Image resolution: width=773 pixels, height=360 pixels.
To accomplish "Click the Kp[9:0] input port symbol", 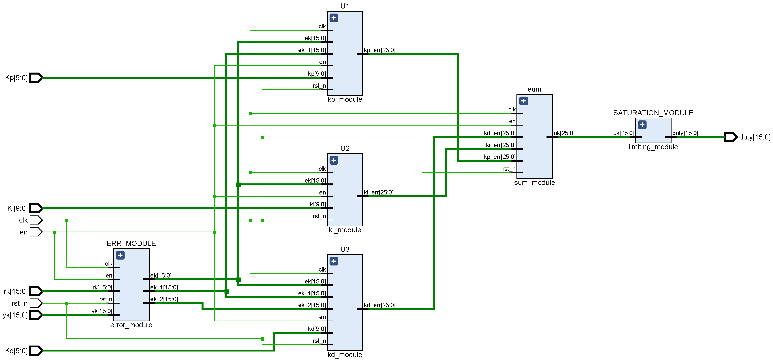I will tap(36, 78).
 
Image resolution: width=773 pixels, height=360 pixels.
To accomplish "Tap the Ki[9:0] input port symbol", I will tap(36, 208).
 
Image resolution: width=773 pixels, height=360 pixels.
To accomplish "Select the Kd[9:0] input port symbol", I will tap(36, 350).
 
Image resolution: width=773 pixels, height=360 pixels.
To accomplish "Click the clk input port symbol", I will tap(36, 220).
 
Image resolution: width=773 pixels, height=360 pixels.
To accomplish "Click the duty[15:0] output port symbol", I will tap(730, 137).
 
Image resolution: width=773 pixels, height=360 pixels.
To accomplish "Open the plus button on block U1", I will tap(334, 18).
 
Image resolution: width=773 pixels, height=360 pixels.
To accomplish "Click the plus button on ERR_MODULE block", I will tap(120, 255).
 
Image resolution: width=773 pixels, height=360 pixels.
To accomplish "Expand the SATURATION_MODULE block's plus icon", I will tap(642, 125).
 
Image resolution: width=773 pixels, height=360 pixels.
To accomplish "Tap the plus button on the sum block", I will tap(524, 101).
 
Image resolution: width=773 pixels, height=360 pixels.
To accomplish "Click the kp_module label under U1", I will tap(345, 99).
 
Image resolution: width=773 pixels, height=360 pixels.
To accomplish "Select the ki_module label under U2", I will tap(345, 230).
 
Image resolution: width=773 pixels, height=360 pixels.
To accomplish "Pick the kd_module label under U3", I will tap(345, 355).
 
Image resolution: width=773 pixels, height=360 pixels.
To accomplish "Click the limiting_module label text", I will tap(653, 147).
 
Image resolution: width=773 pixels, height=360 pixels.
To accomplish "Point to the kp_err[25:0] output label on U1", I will tap(380, 50).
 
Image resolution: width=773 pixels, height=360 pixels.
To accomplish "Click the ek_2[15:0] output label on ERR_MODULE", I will tap(164, 299).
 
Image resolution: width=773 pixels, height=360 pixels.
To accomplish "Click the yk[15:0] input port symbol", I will tap(36, 315).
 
